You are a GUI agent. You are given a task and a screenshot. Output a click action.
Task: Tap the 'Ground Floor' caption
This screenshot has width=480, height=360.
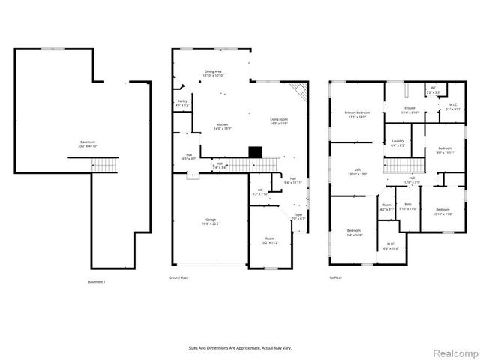click(178, 277)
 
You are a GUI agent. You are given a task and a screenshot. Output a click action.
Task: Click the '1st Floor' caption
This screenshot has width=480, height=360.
click(335, 277)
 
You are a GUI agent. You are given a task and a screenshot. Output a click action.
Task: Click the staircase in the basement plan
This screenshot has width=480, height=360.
click(104, 164)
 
